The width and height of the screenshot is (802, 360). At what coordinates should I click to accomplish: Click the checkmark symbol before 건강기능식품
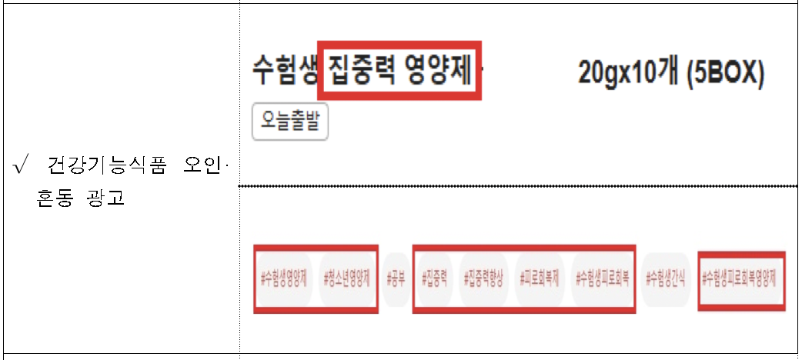21,166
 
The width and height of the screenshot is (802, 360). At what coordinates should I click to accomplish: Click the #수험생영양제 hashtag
284,278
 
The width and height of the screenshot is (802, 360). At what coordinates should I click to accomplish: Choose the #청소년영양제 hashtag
348,278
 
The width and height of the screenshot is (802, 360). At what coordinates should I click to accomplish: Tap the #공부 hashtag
396,278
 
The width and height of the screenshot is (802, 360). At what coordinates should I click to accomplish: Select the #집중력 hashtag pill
435,278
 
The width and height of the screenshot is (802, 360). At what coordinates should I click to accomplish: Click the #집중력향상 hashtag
486,278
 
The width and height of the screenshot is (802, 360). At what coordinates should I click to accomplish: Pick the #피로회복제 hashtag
543,278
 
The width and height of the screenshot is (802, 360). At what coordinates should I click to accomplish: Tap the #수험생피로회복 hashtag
603,278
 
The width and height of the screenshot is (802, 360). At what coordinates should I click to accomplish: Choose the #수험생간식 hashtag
667,278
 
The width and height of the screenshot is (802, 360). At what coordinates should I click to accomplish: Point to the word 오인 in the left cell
202,166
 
